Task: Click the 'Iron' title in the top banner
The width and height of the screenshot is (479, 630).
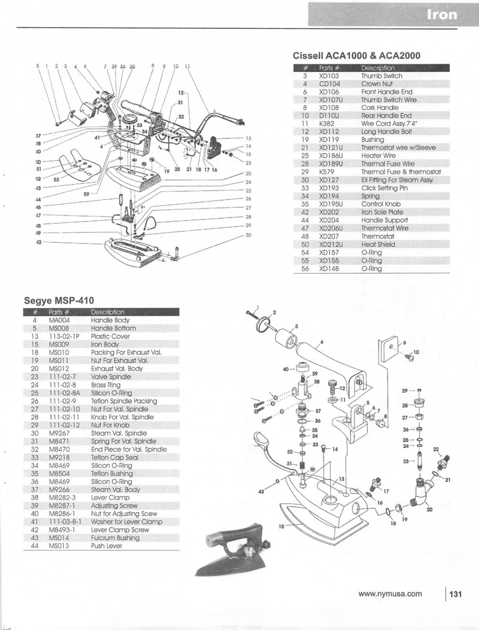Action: (x=441, y=14)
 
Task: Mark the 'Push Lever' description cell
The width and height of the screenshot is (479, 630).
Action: (x=106, y=546)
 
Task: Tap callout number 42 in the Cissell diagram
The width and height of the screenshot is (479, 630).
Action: (x=38, y=242)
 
